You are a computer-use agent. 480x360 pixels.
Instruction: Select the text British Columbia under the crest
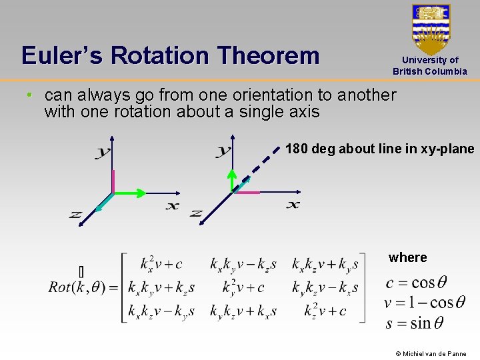[430, 71]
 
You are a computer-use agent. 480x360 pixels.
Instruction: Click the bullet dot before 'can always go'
[29, 95]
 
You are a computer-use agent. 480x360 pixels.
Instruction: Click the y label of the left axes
[102, 153]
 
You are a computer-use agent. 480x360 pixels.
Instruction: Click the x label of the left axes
[172, 206]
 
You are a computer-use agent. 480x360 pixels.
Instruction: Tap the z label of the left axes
[75, 214]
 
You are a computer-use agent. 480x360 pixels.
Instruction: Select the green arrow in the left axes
[130, 193]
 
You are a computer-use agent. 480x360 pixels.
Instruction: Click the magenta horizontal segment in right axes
[247, 193]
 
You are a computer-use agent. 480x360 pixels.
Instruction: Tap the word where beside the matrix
[407, 258]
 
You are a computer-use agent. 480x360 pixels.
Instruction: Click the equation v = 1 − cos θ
[425, 303]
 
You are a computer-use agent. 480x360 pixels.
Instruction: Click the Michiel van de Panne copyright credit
[431, 353]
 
